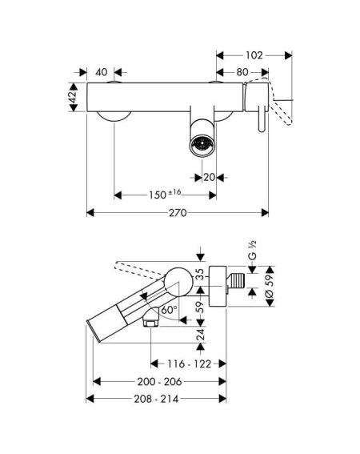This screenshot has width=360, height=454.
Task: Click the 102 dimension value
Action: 254,55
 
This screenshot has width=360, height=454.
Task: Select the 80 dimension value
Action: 242,72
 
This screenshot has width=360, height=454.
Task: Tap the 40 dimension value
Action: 102,72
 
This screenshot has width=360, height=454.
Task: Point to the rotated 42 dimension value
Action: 73,97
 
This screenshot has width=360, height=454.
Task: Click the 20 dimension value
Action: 210,177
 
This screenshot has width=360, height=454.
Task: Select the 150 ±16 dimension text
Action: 165,194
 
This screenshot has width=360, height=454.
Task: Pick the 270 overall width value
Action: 178,213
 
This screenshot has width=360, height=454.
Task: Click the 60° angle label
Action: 170,310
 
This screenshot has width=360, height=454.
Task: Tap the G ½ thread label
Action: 252,250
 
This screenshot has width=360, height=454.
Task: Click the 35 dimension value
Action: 200,274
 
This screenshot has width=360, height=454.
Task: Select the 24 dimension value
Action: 201,334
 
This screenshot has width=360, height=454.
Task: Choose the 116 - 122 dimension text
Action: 190,364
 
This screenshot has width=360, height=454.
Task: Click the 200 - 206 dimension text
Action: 159,382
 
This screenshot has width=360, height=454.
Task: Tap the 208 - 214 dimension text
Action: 156,399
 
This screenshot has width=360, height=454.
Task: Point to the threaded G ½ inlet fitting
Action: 236,280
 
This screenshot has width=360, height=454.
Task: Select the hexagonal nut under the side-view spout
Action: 150,321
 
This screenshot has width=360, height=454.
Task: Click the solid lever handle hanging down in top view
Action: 262,119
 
